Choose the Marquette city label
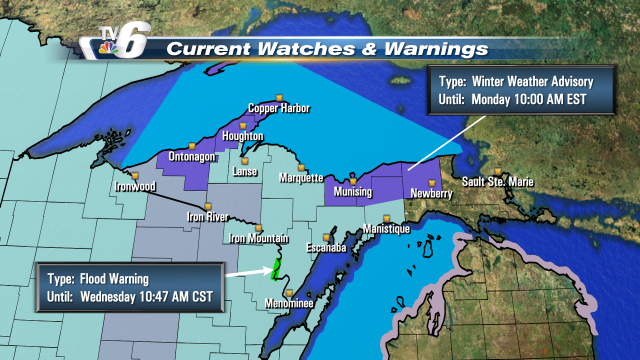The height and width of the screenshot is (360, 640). click(298, 178)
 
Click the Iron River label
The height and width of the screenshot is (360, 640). click(210, 216)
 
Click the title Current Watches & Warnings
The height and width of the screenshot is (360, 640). click(327, 48)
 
